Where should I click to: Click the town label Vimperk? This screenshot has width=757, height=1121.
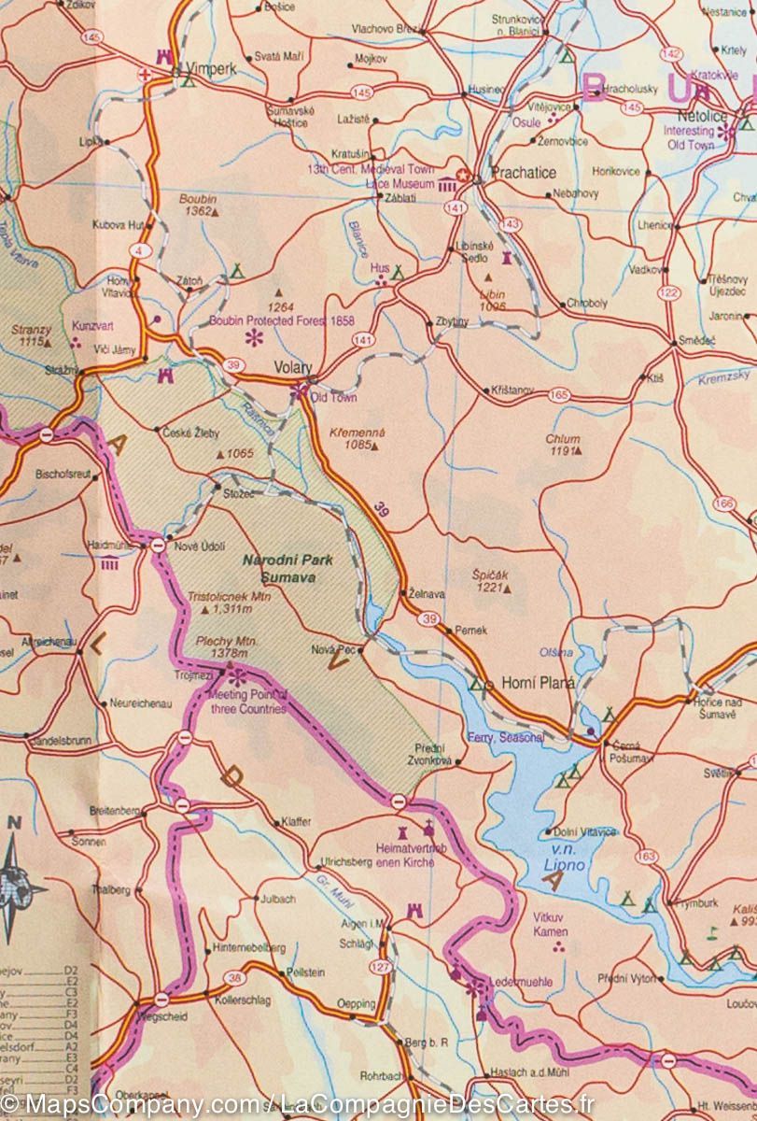212,69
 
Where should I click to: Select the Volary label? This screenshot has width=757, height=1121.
292,367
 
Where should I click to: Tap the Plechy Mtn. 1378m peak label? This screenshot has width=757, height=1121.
226,647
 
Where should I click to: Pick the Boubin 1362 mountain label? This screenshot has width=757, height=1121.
198,206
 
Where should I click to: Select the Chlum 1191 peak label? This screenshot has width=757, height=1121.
564,444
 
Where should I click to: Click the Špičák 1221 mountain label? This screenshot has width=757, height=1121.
490,582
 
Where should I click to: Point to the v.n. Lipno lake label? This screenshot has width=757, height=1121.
568,860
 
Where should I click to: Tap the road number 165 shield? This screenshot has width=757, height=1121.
559,395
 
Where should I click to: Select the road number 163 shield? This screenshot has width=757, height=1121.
645,856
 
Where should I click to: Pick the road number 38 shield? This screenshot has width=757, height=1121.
234,978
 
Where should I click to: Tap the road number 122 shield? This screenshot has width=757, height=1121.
667,293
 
